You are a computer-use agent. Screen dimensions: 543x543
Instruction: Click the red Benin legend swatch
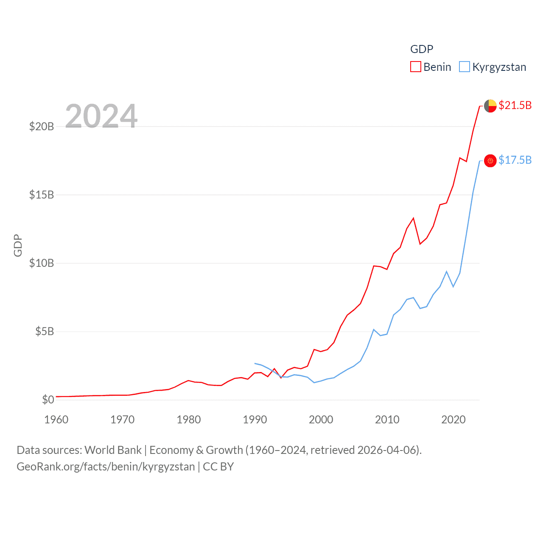tap(415, 67)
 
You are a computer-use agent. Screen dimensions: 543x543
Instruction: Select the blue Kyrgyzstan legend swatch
tap(465, 67)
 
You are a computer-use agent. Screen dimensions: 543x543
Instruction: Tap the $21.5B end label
tap(515, 105)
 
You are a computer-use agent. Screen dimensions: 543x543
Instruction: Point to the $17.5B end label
tap(515, 160)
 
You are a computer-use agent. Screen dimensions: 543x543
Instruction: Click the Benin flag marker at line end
tap(490, 106)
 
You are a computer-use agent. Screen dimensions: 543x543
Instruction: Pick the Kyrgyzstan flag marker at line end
tap(490, 160)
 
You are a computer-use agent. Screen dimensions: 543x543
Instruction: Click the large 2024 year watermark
tap(101, 116)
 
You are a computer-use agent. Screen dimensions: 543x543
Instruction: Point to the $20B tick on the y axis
tap(42, 126)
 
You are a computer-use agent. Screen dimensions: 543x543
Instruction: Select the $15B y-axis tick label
tap(42, 195)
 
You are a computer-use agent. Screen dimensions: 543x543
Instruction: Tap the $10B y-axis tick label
tap(42, 263)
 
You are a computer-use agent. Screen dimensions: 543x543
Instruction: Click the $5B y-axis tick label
tap(45, 331)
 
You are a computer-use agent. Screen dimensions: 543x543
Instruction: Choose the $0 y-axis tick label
tap(48, 400)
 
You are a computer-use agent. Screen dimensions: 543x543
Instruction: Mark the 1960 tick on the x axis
tap(56, 420)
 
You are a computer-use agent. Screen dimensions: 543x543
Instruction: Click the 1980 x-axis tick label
tap(189, 420)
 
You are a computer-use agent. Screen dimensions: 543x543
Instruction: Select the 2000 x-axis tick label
tap(321, 420)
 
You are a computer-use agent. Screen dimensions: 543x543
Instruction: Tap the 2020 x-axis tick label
tap(453, 420)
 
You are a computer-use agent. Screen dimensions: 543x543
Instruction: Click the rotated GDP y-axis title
tap(18, 246)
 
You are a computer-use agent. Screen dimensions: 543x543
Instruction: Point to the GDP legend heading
tap(422, 49)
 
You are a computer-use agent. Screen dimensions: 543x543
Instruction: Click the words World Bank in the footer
tap(113, 450)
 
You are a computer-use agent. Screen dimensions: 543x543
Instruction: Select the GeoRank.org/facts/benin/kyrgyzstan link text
tap(106, 467)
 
